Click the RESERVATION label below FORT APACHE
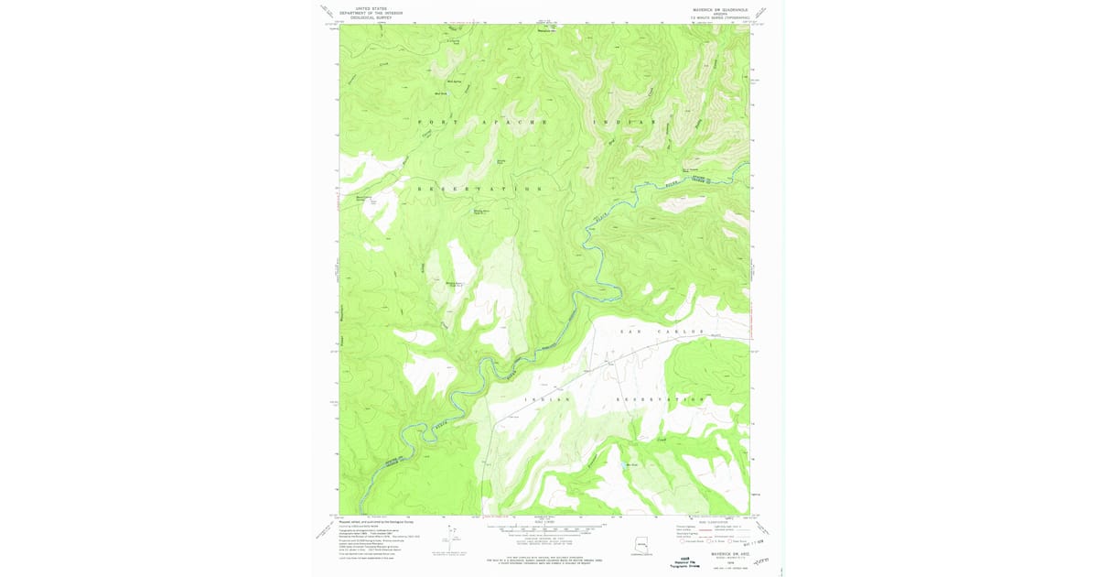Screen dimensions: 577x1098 [x=479, y=189]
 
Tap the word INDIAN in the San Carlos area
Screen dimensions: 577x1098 [x=547, y=399]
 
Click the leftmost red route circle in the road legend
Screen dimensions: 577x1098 [x=683, y=541]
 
